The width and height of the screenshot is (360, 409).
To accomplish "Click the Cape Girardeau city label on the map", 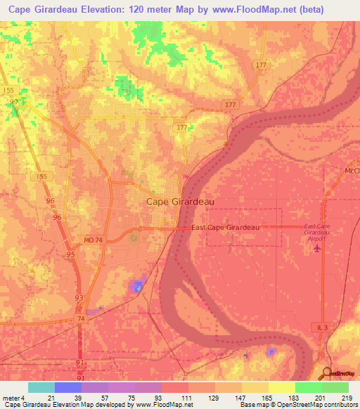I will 180,201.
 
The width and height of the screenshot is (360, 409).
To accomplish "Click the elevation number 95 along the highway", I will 70,254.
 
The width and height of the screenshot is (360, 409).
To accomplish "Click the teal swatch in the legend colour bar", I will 41,387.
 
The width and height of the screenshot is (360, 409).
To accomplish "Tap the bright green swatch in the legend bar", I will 309,387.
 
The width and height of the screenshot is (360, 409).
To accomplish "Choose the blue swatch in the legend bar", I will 68,387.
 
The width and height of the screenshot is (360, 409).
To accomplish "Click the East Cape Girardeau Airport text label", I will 316,232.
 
